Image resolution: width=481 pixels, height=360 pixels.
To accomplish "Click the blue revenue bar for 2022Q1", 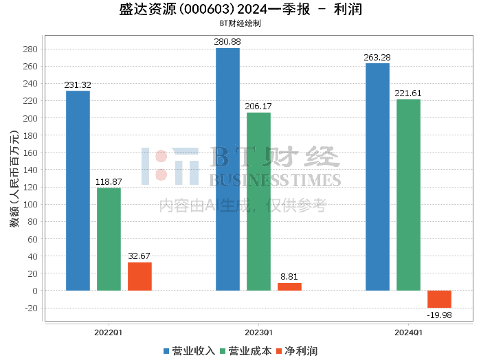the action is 78,190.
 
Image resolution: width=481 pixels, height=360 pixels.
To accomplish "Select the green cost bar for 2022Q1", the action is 109,239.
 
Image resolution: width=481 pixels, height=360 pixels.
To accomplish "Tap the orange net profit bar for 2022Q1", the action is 139,276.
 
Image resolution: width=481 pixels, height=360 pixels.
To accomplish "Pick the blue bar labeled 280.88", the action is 227,169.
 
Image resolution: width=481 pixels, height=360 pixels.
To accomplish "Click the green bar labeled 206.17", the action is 258,201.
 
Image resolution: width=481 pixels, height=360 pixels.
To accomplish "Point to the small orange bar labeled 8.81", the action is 289,286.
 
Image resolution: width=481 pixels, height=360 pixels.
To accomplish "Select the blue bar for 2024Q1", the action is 378,177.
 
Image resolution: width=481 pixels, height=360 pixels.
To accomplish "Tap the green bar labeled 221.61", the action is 408,194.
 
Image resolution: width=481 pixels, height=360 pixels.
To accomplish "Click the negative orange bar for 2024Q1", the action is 439,299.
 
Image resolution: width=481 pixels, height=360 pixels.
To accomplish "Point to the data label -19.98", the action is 439,315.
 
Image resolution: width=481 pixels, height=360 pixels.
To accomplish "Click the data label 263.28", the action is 377,57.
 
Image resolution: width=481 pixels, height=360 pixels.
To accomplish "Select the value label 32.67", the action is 139,256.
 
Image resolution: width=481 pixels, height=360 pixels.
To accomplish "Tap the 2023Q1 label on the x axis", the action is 258,333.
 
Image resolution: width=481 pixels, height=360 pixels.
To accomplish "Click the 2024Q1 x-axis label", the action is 408,333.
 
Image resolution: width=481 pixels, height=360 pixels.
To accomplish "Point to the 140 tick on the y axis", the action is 30,170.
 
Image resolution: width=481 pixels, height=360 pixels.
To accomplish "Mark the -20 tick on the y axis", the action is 32,308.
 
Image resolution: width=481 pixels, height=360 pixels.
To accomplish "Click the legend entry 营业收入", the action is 189,351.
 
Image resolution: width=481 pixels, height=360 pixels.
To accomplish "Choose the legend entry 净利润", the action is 297,351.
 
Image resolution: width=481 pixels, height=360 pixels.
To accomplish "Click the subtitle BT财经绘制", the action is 240,23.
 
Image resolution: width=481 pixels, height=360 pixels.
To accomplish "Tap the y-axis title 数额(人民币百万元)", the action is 14,179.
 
